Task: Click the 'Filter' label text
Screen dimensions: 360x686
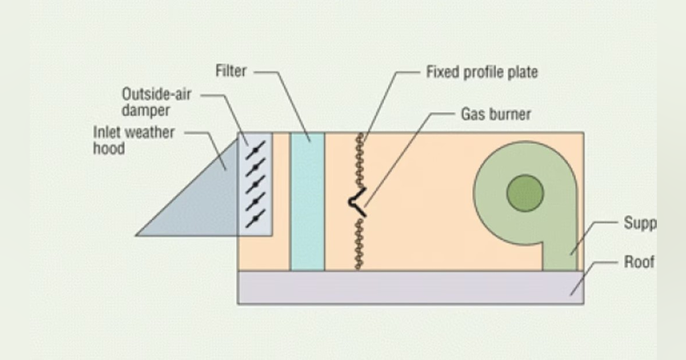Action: coord(231,71)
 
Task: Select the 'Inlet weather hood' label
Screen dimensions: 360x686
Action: coord(134,140)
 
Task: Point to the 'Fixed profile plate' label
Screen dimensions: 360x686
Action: coord(482,73)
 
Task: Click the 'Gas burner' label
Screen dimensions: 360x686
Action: coord(496,114)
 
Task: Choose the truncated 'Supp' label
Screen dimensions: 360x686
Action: coord(639,222)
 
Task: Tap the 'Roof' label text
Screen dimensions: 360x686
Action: coord(639,262)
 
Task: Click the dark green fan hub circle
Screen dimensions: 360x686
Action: coord(525,193)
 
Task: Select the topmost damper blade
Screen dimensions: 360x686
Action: coord(255,150)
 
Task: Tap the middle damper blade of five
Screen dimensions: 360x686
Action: coord(255,183)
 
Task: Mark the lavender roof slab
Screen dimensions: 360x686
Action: coord(410,287)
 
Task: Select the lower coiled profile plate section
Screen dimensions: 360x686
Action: coord(359,245)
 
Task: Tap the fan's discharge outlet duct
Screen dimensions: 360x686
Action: coord(560,251)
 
